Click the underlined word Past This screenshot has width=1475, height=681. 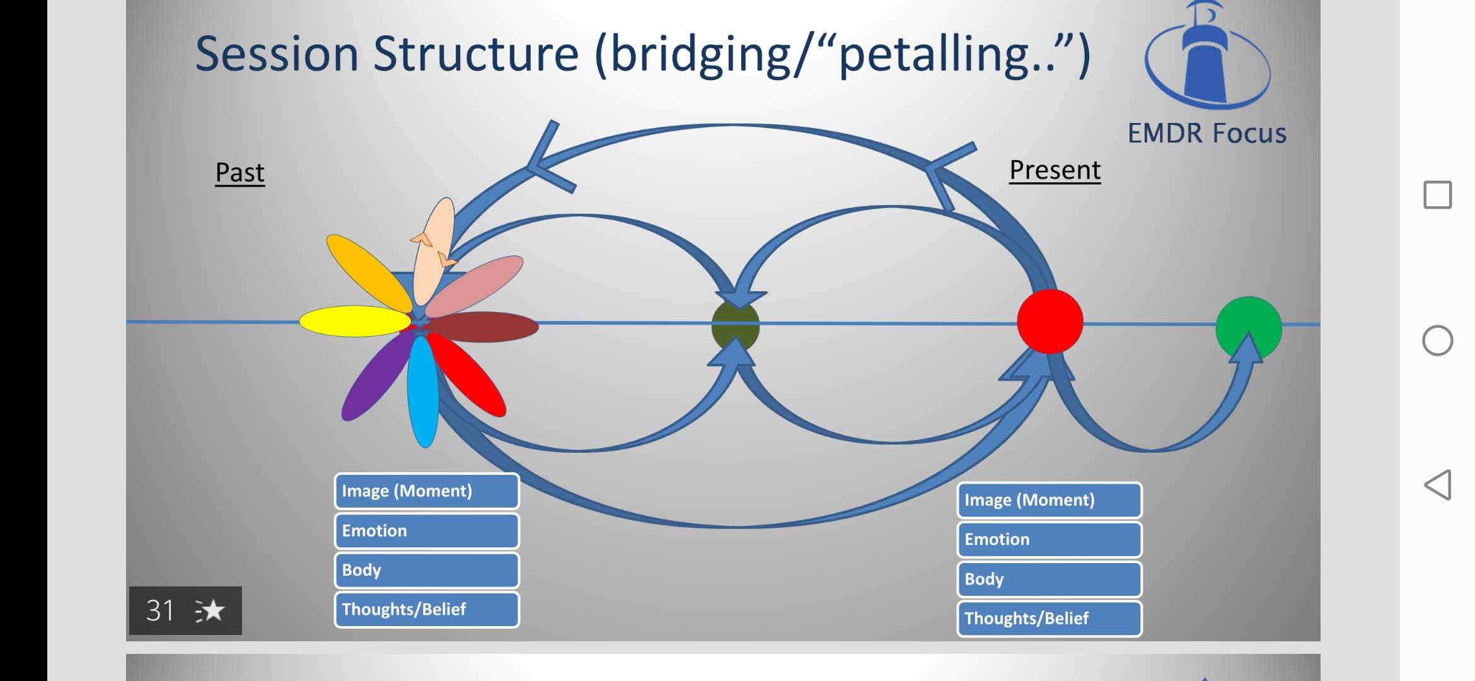coord(240,172)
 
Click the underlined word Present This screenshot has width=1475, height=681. coord(1055,170)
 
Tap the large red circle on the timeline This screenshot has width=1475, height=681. coord(1050,322)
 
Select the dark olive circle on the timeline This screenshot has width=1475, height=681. coord(735,325)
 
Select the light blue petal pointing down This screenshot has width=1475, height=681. coord(423,391)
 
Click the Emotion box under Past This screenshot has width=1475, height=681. coord(427,531)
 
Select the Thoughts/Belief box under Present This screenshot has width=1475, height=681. coord(1050,619)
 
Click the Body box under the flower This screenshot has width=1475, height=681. coord(427,570)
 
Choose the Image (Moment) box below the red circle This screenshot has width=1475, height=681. coord(1050,500)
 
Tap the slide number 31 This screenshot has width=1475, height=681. coord(160,610)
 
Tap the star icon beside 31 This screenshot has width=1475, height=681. coord(211,610)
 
